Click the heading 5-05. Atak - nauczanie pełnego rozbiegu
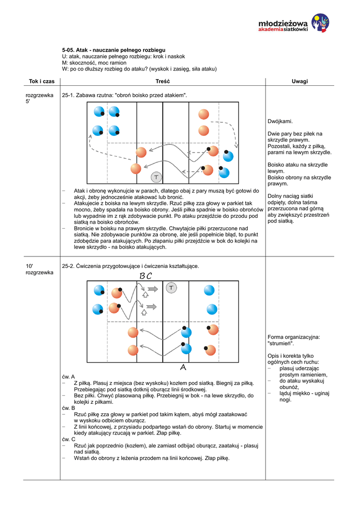(113, 50)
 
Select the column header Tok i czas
(42, 81)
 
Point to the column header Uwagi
(300, 81)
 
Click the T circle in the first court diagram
(156, 177)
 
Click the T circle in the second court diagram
(171, 288)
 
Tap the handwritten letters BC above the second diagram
(145, 275)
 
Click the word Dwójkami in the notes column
(280, 121)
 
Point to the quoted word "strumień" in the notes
(281, 343)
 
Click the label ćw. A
(69, 377)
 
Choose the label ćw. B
(69, 408)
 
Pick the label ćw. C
(69, 439)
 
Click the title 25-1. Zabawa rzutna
(125, 95)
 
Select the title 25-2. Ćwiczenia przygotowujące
(130, 266)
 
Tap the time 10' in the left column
(29, 266)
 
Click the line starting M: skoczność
(94, 63)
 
